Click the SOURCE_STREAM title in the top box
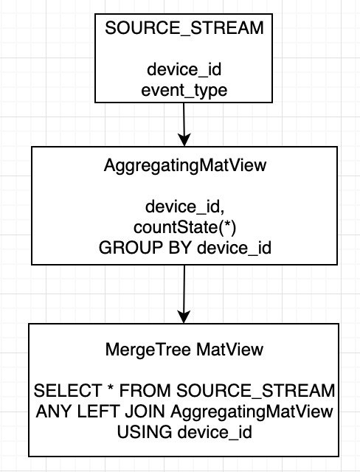(184, 28)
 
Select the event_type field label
(184, 91)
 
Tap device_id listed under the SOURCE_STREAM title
(184, 70)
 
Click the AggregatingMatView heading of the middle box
(185, 166)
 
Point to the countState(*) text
(185, 228)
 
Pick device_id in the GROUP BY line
(234, 248)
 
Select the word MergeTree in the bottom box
(148, 350)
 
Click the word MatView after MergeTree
(229, 350)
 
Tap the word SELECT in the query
(68, 391)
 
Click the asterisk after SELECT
(111, 388)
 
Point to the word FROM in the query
(145, 391)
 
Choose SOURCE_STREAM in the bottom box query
(255, 391)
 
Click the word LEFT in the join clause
(98, 412)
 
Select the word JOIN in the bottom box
(145, 412)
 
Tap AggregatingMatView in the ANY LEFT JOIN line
(252, 412)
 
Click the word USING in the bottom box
(145, 432)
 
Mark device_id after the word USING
(215, 432)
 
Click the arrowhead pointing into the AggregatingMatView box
(184, 140)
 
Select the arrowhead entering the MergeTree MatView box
(184, 317)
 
